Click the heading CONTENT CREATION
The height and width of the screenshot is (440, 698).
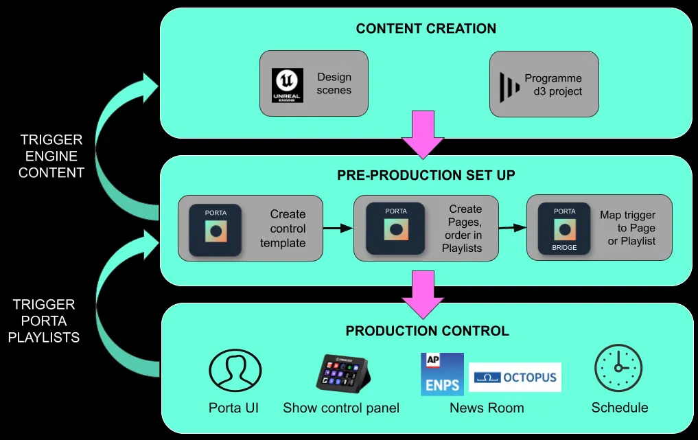click(x=426, y=29)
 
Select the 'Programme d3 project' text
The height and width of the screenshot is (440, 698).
click(x=553, y=84)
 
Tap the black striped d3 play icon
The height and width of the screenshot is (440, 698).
click(x=509, y=85)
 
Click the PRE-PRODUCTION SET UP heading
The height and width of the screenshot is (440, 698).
click(x=426, y=175)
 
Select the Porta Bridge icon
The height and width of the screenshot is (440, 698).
click(x=565, y=229)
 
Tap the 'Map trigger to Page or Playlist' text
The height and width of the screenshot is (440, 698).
click(x=627, y=228)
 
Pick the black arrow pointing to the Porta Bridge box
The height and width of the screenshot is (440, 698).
click(x=508, y=226)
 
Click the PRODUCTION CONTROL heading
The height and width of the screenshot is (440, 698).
click(x=427, y=332)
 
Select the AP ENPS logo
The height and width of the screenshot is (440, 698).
click(x=442, y=375)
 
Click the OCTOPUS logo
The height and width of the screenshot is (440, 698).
click(x=515, y=378)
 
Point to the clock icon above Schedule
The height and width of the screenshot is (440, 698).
click(x=618, y=368)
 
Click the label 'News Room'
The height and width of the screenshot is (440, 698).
click(x=487, y=408)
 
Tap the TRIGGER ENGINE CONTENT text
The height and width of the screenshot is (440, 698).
click(x=51, y=156)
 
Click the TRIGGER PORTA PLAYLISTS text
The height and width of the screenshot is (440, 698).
click(x=44, y=321)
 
